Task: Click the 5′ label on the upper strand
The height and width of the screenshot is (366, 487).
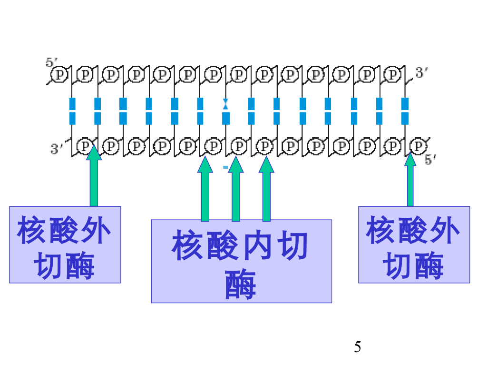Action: (51, 62)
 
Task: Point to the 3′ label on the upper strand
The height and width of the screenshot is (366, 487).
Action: (422, 73)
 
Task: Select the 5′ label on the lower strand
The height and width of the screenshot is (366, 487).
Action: (430, 160)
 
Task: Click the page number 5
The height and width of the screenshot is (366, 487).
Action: (358, 347)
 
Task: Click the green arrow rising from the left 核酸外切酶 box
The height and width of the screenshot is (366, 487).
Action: (94, 176)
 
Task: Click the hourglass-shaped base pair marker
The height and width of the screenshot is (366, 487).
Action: (225, 104)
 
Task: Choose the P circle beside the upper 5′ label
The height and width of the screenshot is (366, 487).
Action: (60, 75)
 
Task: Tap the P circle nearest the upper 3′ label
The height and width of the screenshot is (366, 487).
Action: (393, 75)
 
